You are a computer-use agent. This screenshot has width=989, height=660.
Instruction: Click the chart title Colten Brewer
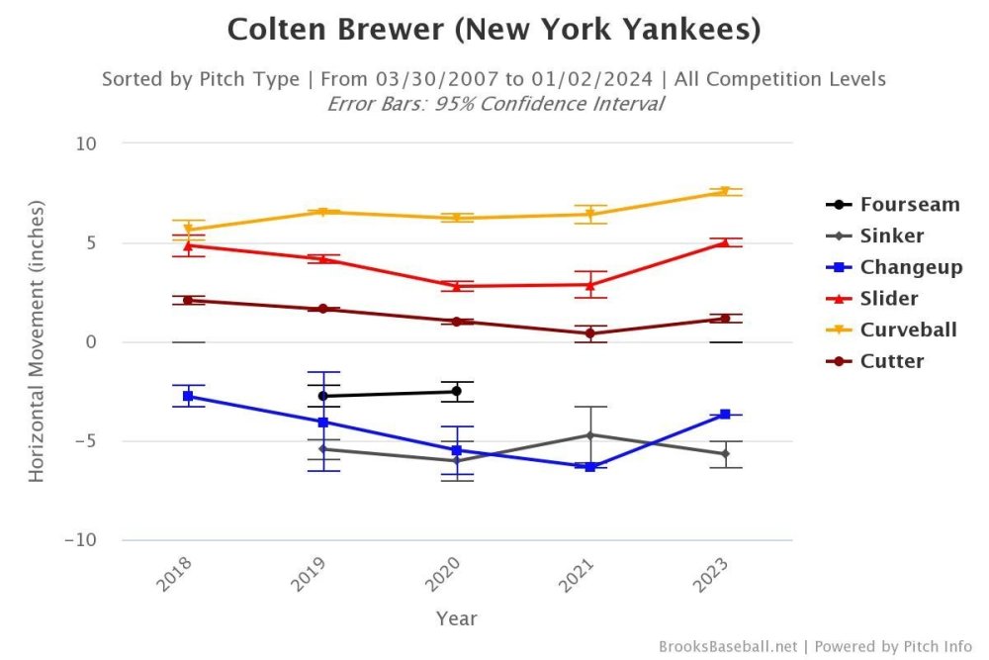(x=494, y=30)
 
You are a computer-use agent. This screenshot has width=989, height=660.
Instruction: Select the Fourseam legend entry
(x=909, y=205)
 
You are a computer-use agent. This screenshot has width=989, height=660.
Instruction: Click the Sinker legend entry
(x=891, y=236)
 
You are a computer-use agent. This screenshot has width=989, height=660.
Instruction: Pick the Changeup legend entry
(x=910, y=267)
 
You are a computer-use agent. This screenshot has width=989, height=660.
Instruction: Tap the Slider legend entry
(x=888, y=298)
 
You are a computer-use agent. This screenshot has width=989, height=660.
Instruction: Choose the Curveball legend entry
(x=908, y=330)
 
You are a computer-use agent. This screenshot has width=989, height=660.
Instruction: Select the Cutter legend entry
(x=891, y=361)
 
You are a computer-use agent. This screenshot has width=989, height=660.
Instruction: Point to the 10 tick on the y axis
(x=86, y=143)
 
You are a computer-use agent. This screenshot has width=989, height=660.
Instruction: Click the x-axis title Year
(x=456, y=619)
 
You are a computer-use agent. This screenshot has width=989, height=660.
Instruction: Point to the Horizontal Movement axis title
(x=37, y=341)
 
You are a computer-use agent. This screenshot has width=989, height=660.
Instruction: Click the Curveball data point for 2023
(x=725, y=191)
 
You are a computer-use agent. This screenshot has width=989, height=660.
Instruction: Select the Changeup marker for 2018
(x=188, y=396)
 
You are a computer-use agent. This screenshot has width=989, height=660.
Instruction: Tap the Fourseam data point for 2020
(x=456, y=391)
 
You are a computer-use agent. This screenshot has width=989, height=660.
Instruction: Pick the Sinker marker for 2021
(x=590, y=435)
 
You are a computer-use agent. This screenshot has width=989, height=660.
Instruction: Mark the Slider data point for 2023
(x=725, y=242)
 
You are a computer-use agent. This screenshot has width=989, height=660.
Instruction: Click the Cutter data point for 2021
(x=590, y=333)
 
